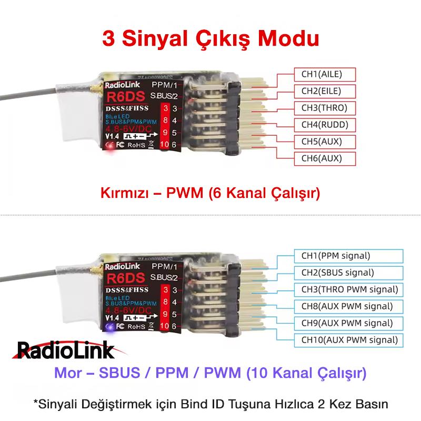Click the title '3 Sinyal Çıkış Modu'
coord(210,39)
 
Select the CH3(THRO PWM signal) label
coord(349,289)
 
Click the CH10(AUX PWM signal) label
coord(349,339)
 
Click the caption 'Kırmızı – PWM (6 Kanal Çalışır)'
coord(210,194)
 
